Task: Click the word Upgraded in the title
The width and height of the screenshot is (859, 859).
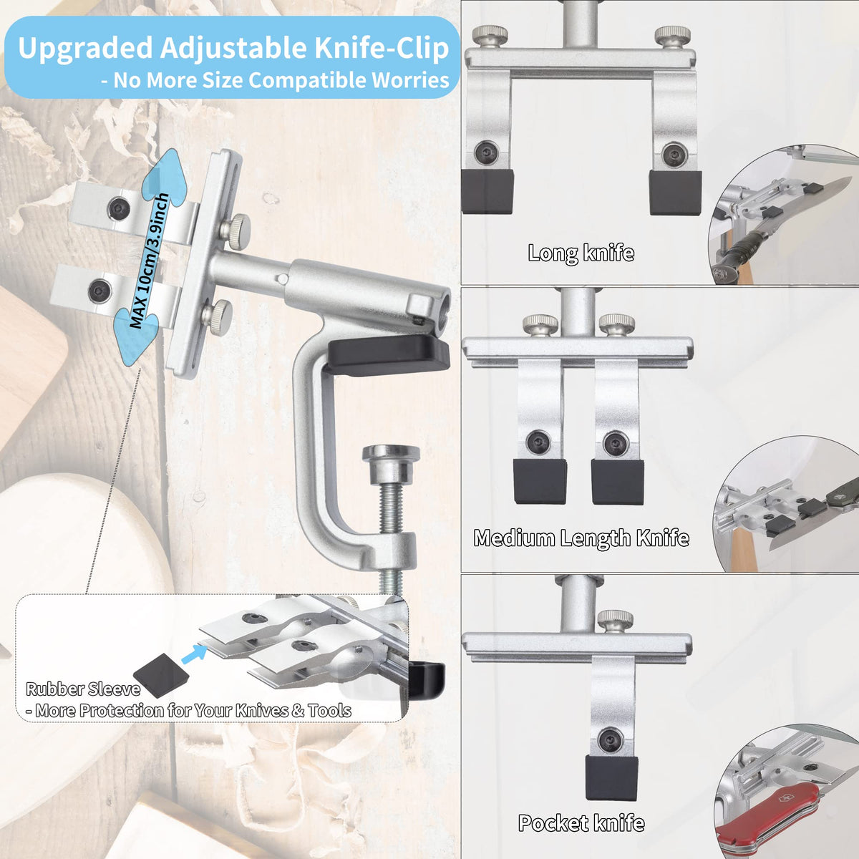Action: coord(85,49)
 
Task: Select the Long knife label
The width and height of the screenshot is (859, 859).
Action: coord(581,253)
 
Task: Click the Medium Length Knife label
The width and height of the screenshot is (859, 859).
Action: coord(581,538)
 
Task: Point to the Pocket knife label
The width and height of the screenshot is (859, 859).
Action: coord(581,823)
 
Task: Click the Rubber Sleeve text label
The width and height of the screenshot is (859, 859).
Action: coord(83,689)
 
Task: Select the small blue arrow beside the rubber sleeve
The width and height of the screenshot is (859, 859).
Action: coord(195,654)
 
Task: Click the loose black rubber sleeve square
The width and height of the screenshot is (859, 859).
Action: coord(161,675)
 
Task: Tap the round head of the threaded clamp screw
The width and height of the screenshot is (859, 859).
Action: coord(391,453)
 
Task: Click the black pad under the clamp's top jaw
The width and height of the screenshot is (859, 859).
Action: coord(388,355)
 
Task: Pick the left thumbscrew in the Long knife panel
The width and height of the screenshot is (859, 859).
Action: coord(490,36)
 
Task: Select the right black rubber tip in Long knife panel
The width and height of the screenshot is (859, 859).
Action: coord(675,192)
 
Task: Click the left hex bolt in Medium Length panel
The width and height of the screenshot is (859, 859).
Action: coord(538,442)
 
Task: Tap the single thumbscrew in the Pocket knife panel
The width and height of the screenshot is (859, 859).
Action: coord(615,621)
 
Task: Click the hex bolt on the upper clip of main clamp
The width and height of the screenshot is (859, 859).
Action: coord(119,208)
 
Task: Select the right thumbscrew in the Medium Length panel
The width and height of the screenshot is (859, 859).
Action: coord(617,326)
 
